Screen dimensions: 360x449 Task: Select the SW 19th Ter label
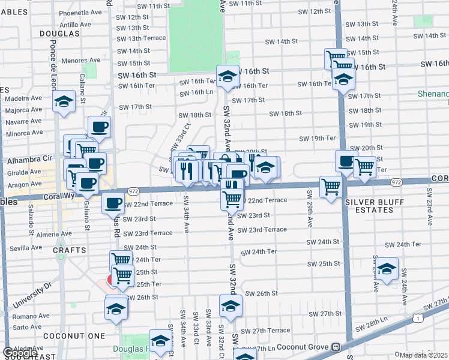pyautogui.click(x=318, y=139)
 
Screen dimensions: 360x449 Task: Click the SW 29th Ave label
pyautogui.click(x=310, y=209)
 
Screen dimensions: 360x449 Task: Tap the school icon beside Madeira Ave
pyautogui.click(x=63, y=103)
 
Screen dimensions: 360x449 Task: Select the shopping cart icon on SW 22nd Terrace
pyautogui.click(x=232, y=199)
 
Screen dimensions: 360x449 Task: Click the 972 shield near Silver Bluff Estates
pyautogui.click(x=396, y=182)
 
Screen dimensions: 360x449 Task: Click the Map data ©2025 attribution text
pyautogui.click(x=424, y=355)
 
